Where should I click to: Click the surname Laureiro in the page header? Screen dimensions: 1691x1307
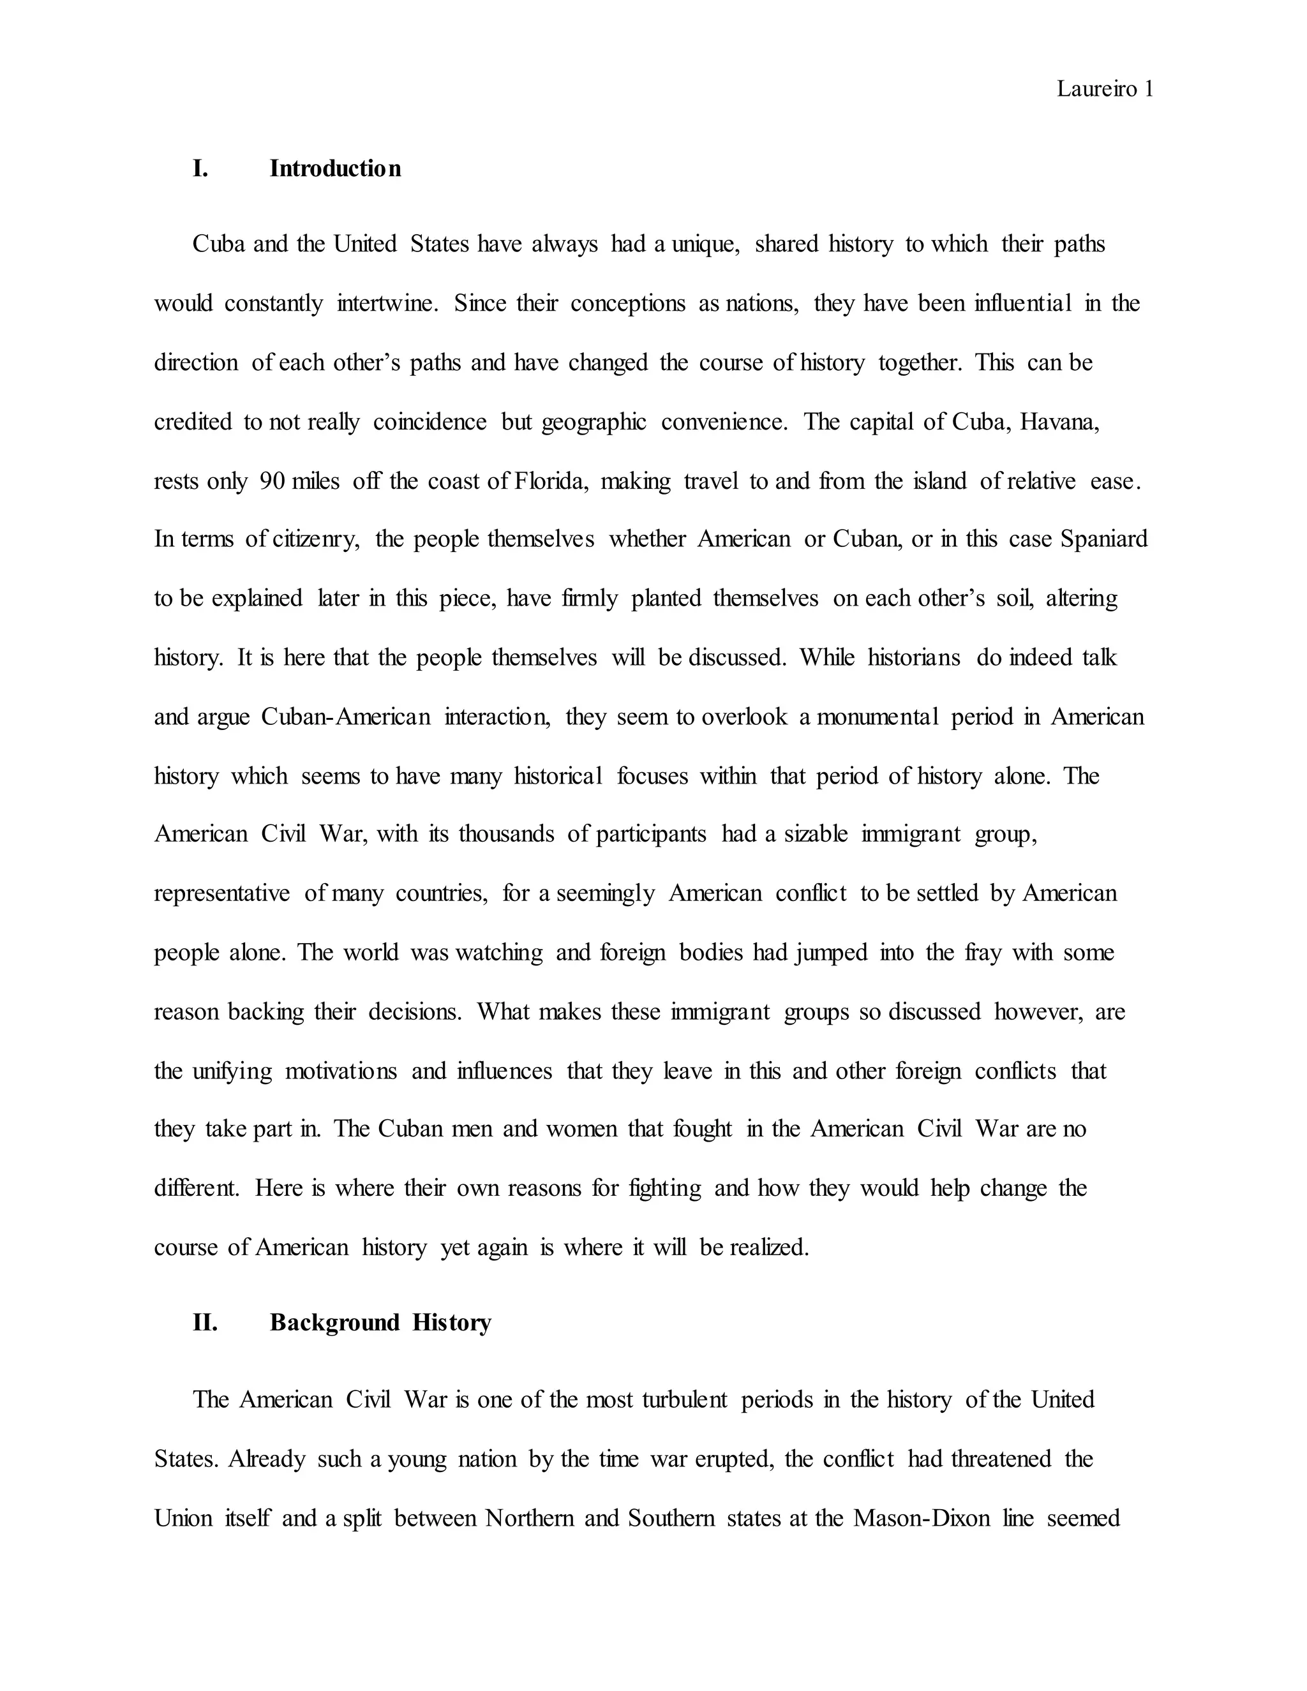(1097, 90)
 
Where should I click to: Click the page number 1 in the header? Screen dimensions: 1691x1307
(1148, 90)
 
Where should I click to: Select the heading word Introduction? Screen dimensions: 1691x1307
(335, 169)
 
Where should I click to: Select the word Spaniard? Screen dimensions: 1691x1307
(1104, 539)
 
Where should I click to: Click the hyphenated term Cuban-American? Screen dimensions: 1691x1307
(345, 717)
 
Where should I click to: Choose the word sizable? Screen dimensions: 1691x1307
(816, 834)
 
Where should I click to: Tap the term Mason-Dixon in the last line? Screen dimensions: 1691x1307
(922, 1518)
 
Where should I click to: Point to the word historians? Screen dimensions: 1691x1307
(914, 658)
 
